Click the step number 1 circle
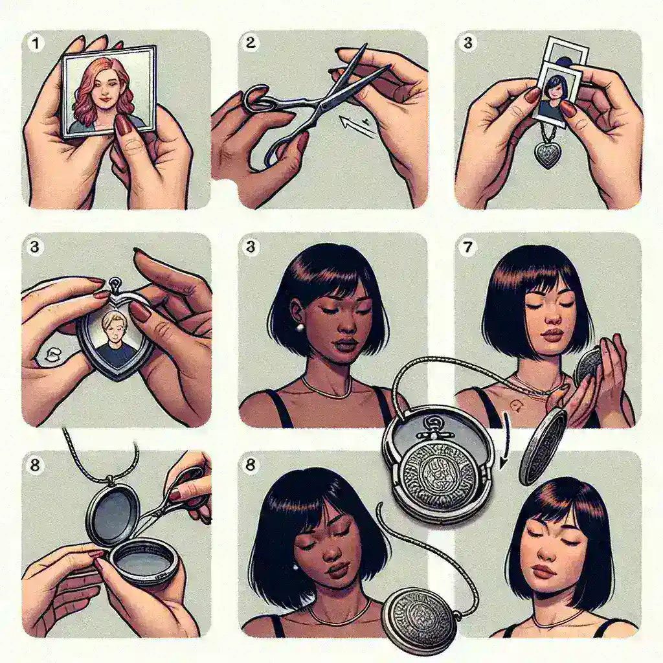point(36,43)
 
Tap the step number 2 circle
point(251,42)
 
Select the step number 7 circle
point(467,247)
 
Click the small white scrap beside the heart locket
point(51,354)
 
